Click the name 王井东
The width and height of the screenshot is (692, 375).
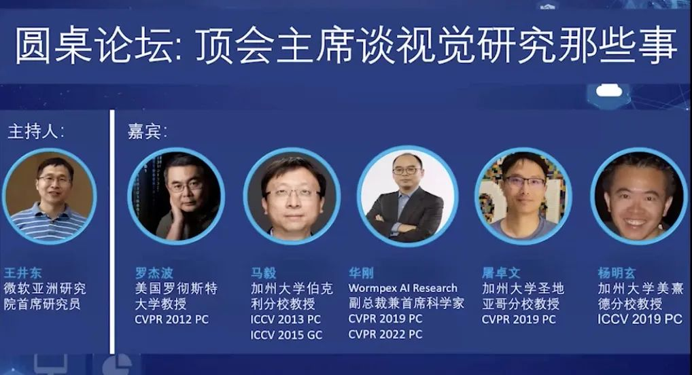click(23, 272)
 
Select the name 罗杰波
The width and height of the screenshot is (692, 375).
click(154, 272)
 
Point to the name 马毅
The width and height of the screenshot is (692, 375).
click(264, 272)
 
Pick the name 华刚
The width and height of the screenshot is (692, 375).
click(361, 272)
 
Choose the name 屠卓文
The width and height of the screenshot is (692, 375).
click(502, 272)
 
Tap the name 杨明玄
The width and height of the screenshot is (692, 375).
click(617, 272)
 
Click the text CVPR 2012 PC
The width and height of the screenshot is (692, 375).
click(172, 319)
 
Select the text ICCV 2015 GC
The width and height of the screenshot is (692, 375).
click(286, 335)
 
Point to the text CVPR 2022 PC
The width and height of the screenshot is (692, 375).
click(385, 334)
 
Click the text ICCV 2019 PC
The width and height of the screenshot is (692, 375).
click(640, 319)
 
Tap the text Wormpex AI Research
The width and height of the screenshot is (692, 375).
click(403, 288)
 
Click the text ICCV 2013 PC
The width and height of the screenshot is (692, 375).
click(286, 319)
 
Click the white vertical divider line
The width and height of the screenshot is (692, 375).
click(112, 232)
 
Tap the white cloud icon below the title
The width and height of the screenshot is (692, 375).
click(609, 91)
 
